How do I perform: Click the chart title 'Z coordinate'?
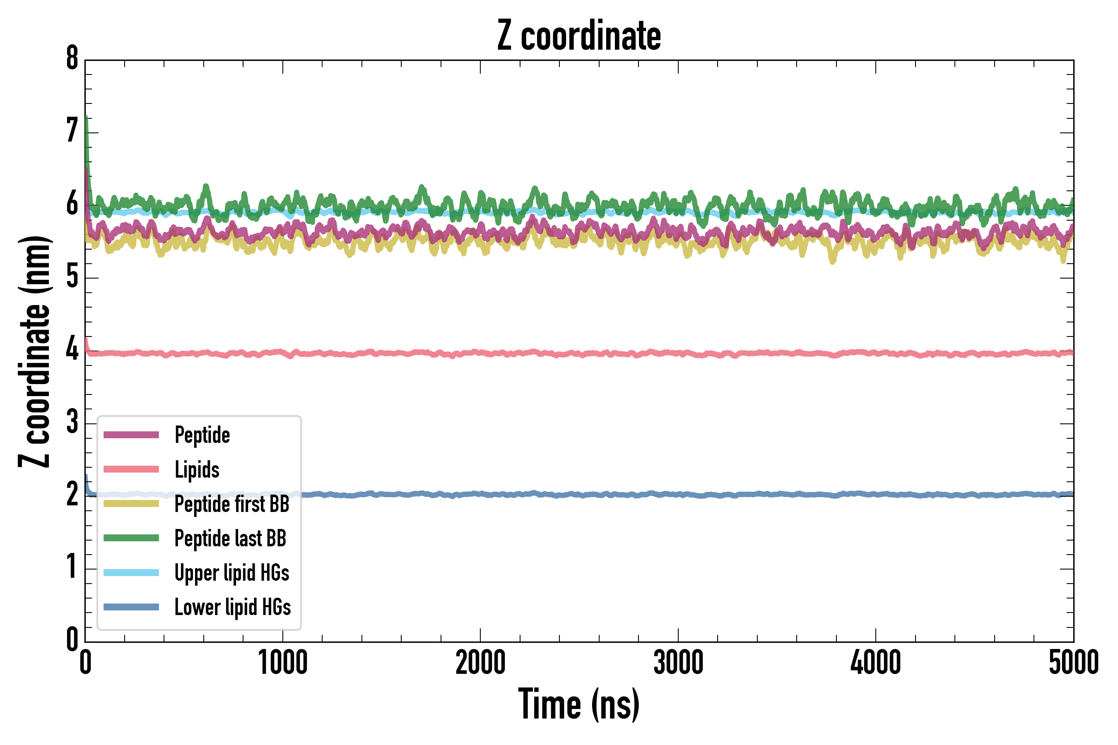click(x=578, y=36)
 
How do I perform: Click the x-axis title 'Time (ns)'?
click(x=578, y=704)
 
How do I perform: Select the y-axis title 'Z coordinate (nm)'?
click(x=34, y=351)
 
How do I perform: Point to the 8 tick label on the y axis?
click(x=72, y=59)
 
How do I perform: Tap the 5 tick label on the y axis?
click(x=72, y=277)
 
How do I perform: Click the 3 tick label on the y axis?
click(x=72, y=423)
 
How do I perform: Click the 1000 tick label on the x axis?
click(x=283, y=663)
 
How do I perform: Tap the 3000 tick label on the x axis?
click(x=678, y=663)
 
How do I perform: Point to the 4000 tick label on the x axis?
click(x=876, y=663)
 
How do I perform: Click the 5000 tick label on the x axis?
click(x=1073, y=663)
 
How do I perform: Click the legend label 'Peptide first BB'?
click(x=232, y=504)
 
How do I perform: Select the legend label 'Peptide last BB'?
click(x=230, y=538)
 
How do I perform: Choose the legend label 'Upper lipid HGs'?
click(x=232, y=573)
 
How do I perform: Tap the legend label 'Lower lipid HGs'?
click(x=232, y=607)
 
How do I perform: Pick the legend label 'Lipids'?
click(x=197, y=470)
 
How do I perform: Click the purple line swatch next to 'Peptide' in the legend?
click(x=131, y=435)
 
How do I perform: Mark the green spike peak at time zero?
click(x=86, y=117)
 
